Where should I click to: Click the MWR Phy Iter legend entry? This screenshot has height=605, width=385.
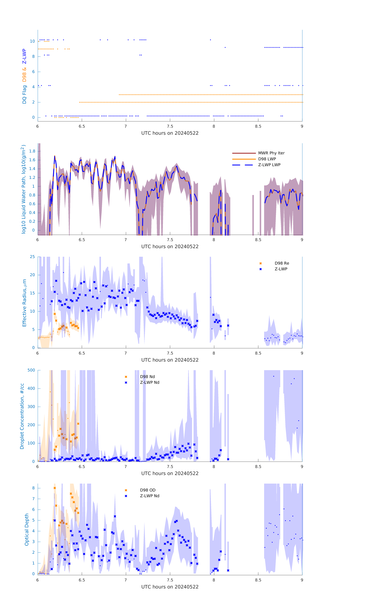[271, 153]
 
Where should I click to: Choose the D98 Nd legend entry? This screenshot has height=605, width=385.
[147, 377]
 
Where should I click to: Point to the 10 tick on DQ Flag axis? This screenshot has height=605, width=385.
[32, 41]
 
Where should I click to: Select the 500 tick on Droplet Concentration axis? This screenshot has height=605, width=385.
[31, 370]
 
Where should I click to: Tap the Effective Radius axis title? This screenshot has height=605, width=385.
[24, 303]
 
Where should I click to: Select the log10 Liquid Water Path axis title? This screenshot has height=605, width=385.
[23, 189]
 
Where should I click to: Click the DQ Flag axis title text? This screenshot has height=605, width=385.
[24, 94]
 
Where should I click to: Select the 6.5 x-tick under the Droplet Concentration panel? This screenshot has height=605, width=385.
[82, 467]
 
